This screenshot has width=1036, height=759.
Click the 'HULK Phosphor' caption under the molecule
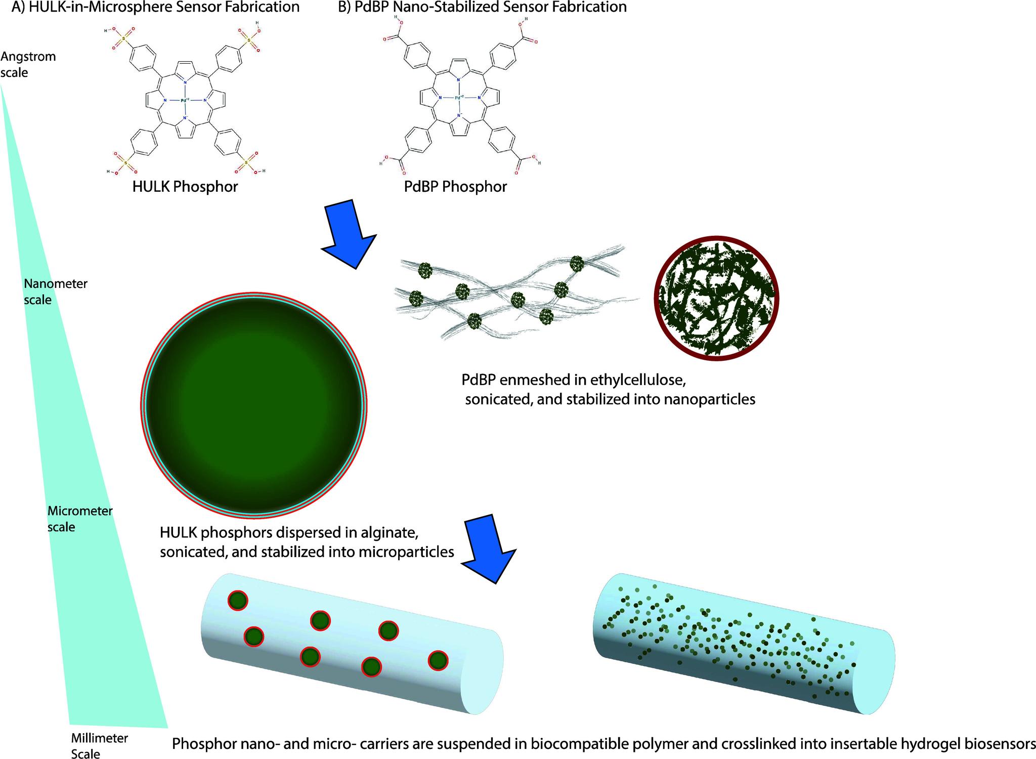click(x=185, y=187)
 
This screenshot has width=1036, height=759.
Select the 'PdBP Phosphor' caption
click(x=455, y=187)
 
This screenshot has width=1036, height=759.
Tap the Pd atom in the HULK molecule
click(x=185, y=100)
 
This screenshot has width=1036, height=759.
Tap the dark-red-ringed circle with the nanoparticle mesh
click(x=716, y=298)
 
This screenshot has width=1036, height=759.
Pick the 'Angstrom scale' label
click(x=28, y=64)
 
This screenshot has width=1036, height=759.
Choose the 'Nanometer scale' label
click(x=55, y=291)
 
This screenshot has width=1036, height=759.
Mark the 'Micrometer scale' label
click(x=79, y=519)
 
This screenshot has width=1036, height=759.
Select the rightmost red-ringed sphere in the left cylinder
click(x=438, y=660)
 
